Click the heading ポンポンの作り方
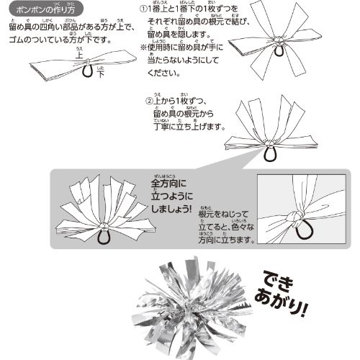coord(45,10)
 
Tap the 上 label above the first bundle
coord(78,55)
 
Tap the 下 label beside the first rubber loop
coord(101,73)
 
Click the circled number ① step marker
coord(143,9)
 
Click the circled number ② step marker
coord(149,101)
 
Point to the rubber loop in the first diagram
coord(88,71)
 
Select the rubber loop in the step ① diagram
coord(278,51)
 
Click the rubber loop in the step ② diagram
coord(271,153)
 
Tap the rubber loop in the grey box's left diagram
coord(104,237)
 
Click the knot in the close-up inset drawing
coord(293,217)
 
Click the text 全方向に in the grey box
coord(168,184)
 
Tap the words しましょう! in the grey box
coord(171,209)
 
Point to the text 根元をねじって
coord(223,214)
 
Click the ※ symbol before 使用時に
coord(143,48)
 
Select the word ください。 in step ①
coord(164,73)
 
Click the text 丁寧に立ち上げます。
coord(189,127)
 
